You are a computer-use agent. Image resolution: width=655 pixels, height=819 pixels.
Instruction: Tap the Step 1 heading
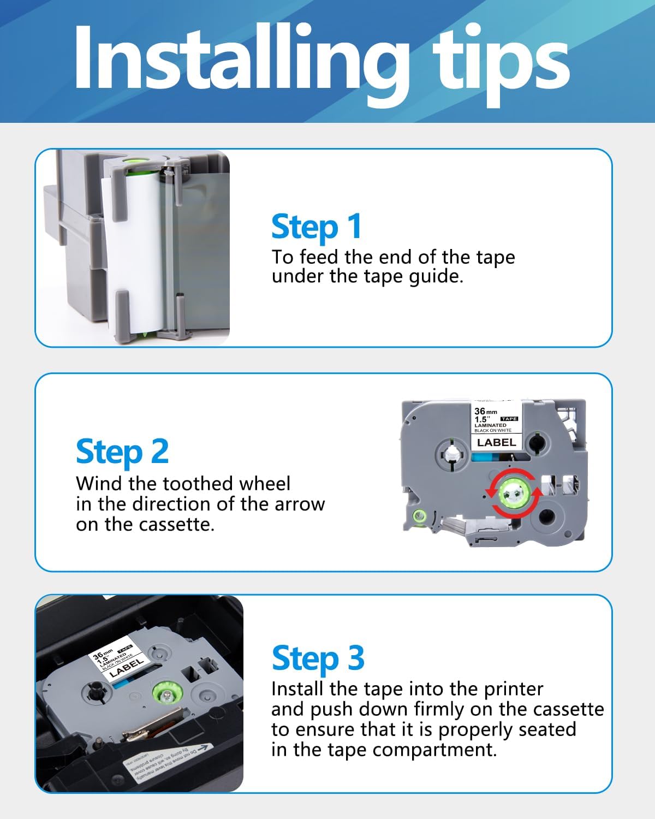(316, 227)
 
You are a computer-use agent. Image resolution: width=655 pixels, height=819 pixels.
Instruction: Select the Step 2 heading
(122, 452)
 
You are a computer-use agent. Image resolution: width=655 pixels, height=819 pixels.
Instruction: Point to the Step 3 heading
(318, 658)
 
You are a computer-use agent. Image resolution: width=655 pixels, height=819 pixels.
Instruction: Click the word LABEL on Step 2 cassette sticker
(496, 442)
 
